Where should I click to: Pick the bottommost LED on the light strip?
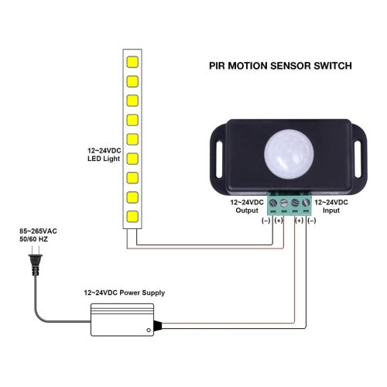(x=132, y=216)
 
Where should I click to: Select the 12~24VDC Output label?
(x=248, y=205)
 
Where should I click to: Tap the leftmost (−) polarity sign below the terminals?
(x=266, y=221)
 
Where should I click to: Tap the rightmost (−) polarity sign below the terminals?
(x=311, y=221)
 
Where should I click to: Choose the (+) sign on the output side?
(x=279, y=221)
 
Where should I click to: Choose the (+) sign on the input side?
(x=298, y=221)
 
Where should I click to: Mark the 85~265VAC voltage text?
(x=39, y=231)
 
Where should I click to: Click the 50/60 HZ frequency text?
(x=34, y=241)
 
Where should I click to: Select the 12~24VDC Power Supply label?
(x=124, y=293)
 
